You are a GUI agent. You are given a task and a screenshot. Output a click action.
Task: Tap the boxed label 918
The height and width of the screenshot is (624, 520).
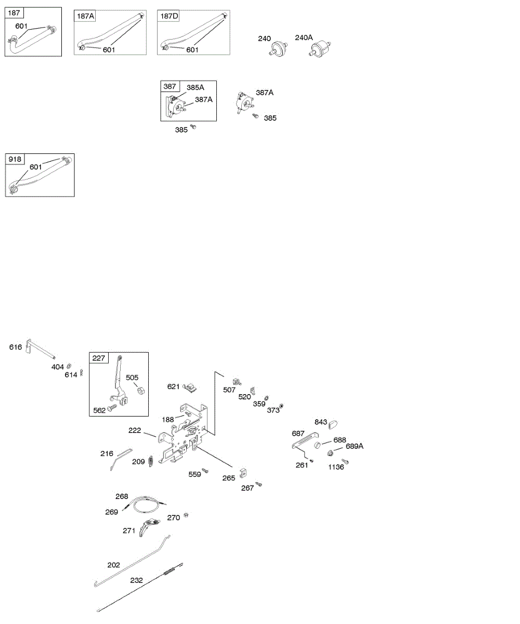click(x=15, y=159)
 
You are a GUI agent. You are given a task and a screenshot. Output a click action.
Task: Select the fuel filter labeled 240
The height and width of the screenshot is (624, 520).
click(x=280, y=48)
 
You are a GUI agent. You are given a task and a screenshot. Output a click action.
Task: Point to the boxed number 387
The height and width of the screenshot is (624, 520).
click(x=170, y=87)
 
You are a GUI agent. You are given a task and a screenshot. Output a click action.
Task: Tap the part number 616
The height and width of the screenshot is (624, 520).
click(x=16, y=347)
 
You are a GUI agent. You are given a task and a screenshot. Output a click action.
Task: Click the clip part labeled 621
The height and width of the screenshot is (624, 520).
click(x=191, y=387)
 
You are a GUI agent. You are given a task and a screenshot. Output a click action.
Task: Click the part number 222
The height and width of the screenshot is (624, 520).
click(x=135, y=431)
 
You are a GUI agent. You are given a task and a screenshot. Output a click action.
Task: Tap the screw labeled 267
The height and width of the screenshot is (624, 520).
click(x=259, y=484)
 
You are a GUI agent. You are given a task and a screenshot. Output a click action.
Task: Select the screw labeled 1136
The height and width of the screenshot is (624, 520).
click(x=345, y=461)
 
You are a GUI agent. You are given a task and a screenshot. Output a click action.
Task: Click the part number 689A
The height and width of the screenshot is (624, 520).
click(x=355, y=446)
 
